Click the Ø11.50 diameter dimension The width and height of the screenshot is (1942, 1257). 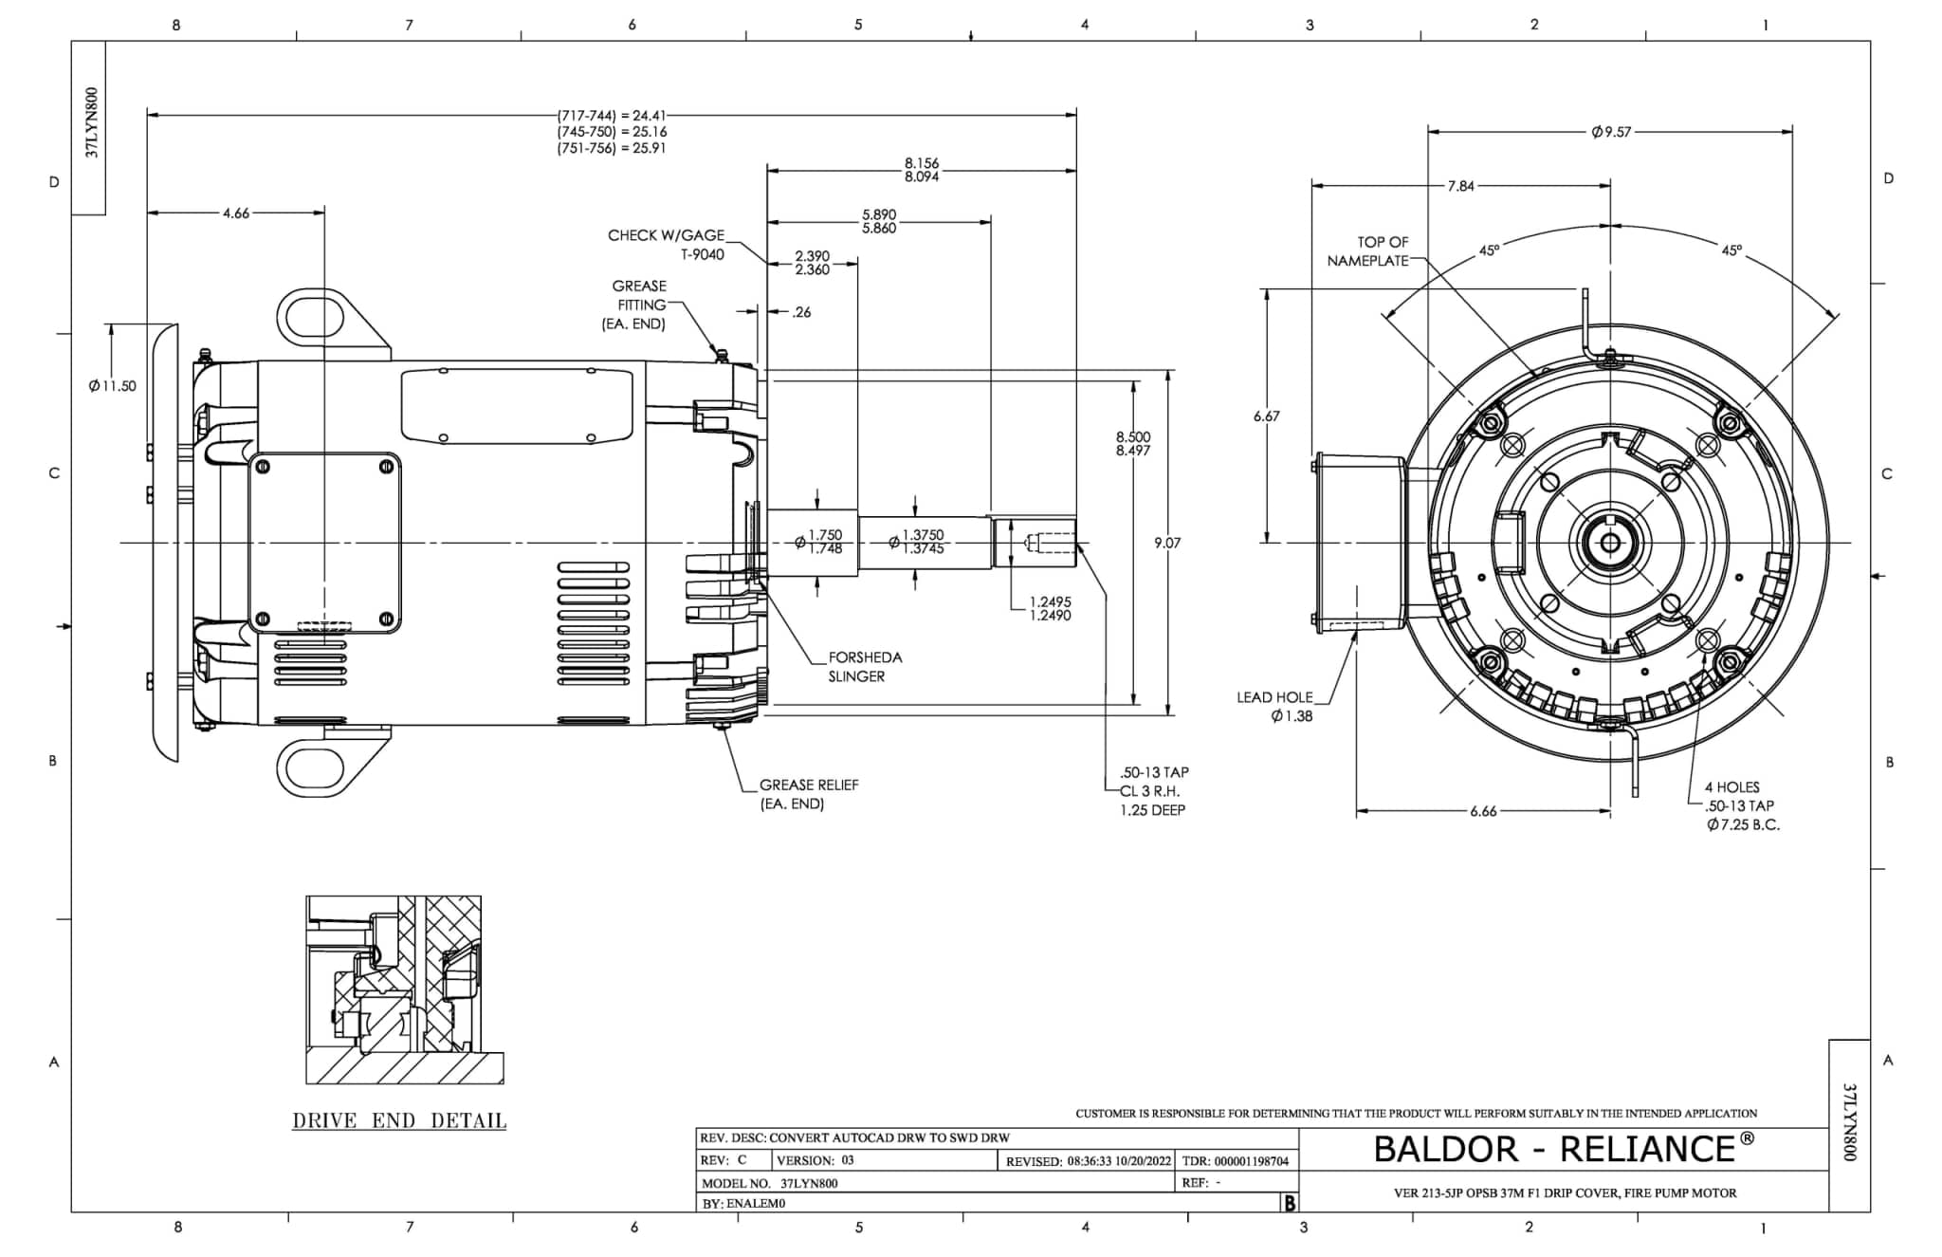(113, 386)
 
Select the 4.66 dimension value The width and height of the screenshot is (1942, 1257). (236, 213)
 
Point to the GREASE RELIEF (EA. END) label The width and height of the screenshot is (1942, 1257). (808, 795)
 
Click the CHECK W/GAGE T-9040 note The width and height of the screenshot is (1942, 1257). (666, 245)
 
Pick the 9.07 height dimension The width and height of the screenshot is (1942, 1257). (1167, 543)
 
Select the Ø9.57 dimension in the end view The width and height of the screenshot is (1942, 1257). (1611, 132)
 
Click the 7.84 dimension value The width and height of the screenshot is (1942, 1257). (1460, 186)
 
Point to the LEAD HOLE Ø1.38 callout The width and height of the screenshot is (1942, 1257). (1276, 707)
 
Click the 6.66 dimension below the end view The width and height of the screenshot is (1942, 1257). (1483, 811)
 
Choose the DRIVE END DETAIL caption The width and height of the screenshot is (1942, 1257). (399, 1120)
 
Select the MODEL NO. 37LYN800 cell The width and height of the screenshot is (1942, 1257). (770, 1183)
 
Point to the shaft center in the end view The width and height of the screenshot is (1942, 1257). (1610, 543)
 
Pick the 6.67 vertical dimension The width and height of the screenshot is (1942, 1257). (1267, 416)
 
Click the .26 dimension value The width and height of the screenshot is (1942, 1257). (801, 312)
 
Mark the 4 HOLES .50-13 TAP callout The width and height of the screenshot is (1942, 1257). (1739, 805)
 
